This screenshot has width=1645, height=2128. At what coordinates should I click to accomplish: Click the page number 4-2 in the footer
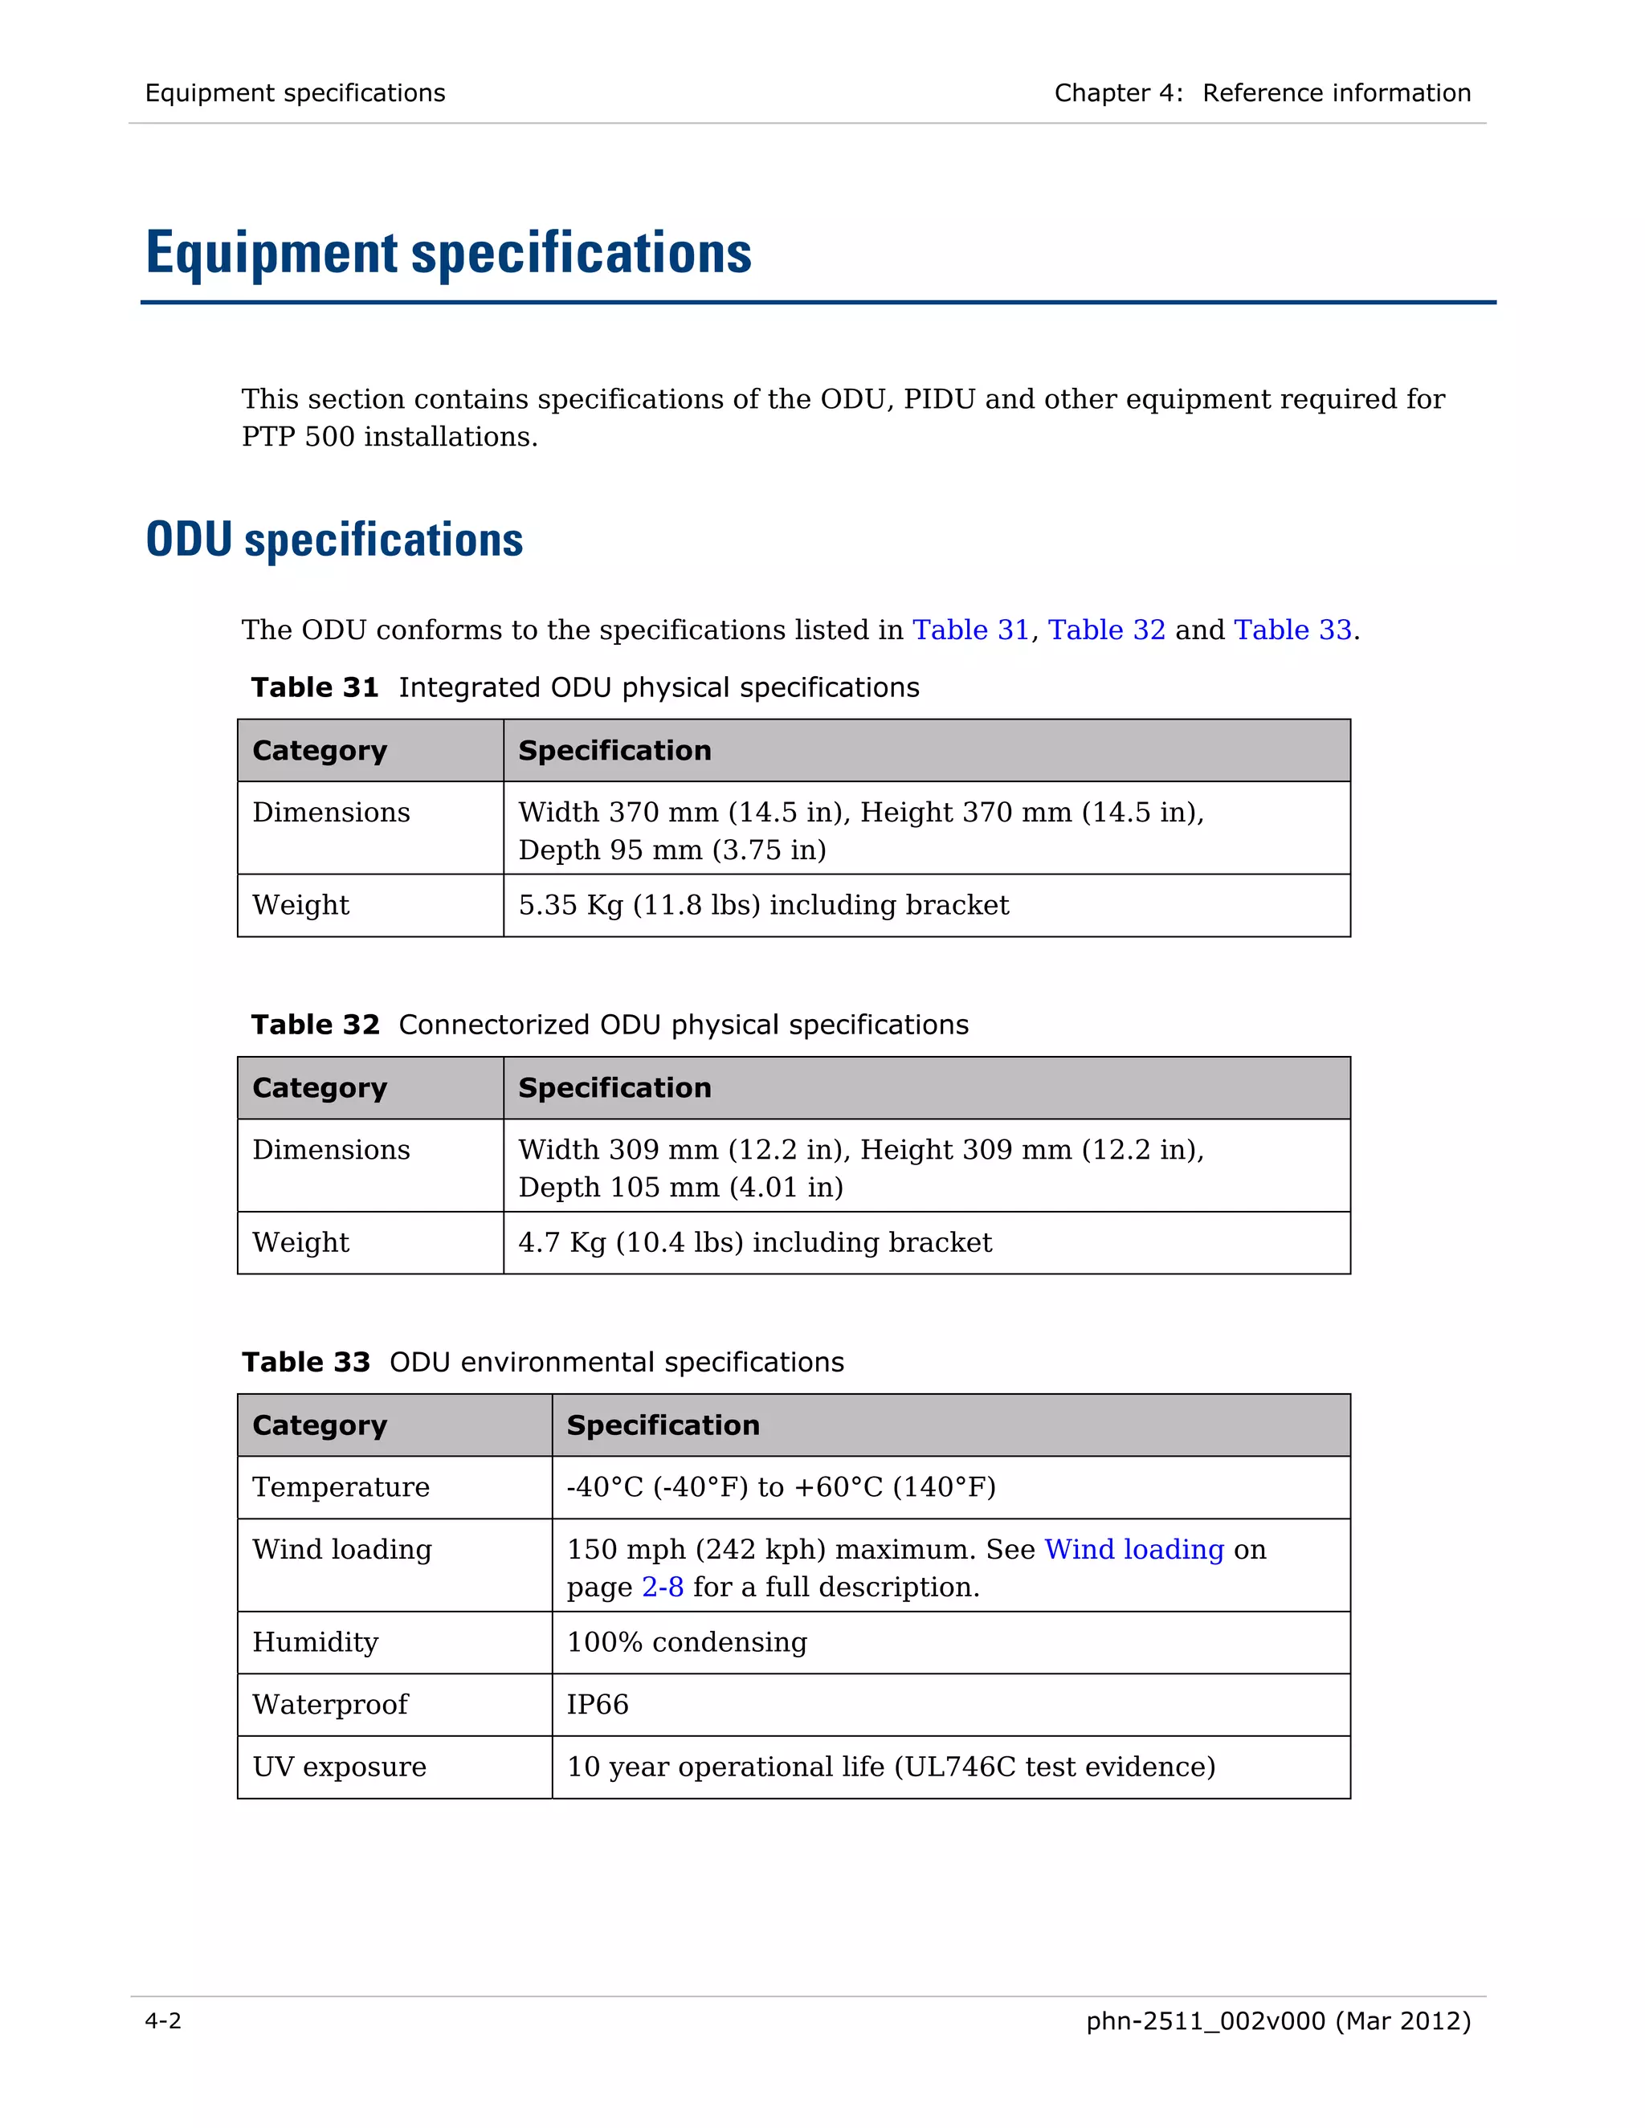click(x=163, y=2021)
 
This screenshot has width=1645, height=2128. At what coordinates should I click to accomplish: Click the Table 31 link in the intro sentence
click(x=970, y=630)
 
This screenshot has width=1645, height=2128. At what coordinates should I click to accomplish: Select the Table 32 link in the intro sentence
click(x=1106, y=630)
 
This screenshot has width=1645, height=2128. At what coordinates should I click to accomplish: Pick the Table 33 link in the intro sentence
click(x=1292, y=630)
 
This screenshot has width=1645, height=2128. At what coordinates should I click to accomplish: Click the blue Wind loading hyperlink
click(x=1133, y=1549)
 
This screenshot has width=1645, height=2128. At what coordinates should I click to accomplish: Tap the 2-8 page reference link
click(x=663, y=1588)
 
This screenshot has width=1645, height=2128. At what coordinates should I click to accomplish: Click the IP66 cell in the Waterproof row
click(x=598, y=1704)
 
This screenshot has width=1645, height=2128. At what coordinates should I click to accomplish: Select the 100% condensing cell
click(x=687, y=1642)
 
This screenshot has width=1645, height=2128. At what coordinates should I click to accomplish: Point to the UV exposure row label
click(x=339, y=1767)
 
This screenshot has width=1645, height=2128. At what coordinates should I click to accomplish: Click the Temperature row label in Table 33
click(x=340, y=1487)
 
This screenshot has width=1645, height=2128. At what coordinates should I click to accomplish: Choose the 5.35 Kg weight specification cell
click(x=763, y=905)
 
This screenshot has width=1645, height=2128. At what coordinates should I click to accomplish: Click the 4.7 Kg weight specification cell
click(x=754, y=1242)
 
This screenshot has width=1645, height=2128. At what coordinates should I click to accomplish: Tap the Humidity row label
click(x=315, y=1642)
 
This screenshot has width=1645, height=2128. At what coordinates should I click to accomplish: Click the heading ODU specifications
click(x=334, y=540)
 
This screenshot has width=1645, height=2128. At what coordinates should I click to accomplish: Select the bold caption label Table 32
click(x=315, y=1025)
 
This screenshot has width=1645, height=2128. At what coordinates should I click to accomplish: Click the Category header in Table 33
click(x=320, y=1425)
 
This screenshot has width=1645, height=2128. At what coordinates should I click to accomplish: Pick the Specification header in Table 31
click(x=614, y=750)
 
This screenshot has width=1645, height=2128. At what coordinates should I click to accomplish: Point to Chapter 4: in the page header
click(x=1118, y=93)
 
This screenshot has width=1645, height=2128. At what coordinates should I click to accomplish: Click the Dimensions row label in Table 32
click(x=332, y=1150)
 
